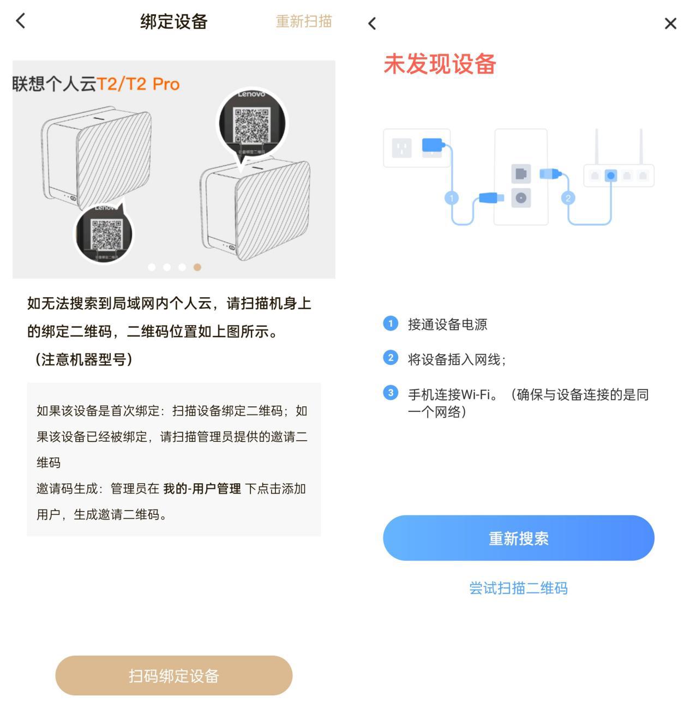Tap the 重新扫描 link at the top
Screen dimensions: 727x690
pos(304,21)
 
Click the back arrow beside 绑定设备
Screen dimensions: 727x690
pos(21,21)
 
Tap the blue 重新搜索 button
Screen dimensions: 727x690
pos(518,538)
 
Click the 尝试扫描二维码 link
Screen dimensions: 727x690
pos(518,588)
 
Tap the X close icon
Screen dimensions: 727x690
pos(670,23)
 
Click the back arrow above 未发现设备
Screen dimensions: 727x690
pos(373,23)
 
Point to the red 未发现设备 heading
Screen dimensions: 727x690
pos(440,64)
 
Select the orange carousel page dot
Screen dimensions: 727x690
pos(197,267)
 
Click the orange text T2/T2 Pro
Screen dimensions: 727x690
pos(138,84)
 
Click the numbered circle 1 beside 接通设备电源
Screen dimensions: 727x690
pos(391,324)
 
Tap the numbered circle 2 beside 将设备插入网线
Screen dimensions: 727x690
pos(391,358)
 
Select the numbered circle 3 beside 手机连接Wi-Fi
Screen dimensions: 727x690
pos(391,393)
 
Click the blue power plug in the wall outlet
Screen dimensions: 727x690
pos(433,146)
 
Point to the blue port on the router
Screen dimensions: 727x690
pos(611,176)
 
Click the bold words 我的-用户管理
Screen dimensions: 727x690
pos(202,489)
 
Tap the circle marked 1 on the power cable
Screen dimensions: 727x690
pos(452,198)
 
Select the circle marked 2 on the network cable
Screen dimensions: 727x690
pos(568,198)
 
